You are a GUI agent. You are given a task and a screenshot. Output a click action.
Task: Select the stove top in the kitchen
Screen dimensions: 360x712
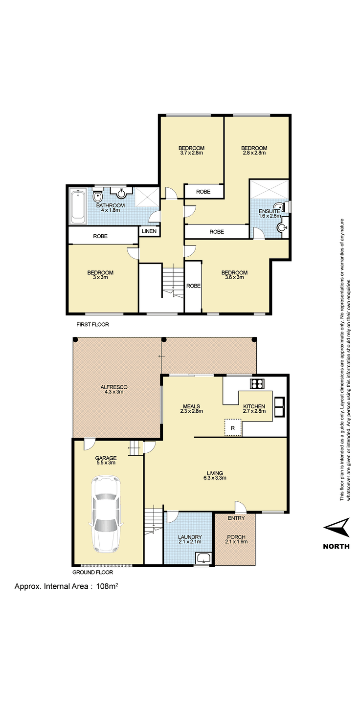click(x=256, y=384)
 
